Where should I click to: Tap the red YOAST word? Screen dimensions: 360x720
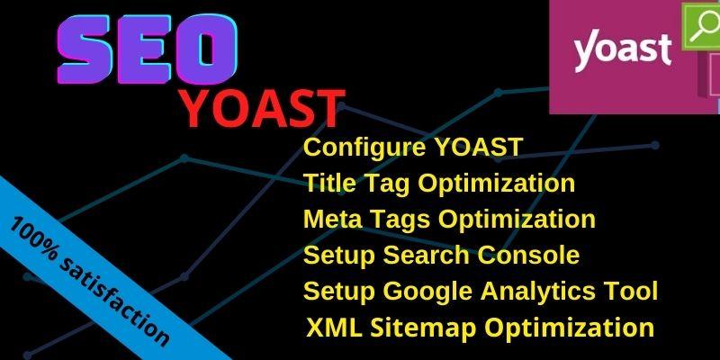point(261,108)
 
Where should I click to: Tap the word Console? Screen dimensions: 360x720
point(532,255)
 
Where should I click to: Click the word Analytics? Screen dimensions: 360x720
point(540,291)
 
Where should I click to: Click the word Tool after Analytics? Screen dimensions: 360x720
point(634,291)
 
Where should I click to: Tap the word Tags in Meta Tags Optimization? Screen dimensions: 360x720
point(396,219)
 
